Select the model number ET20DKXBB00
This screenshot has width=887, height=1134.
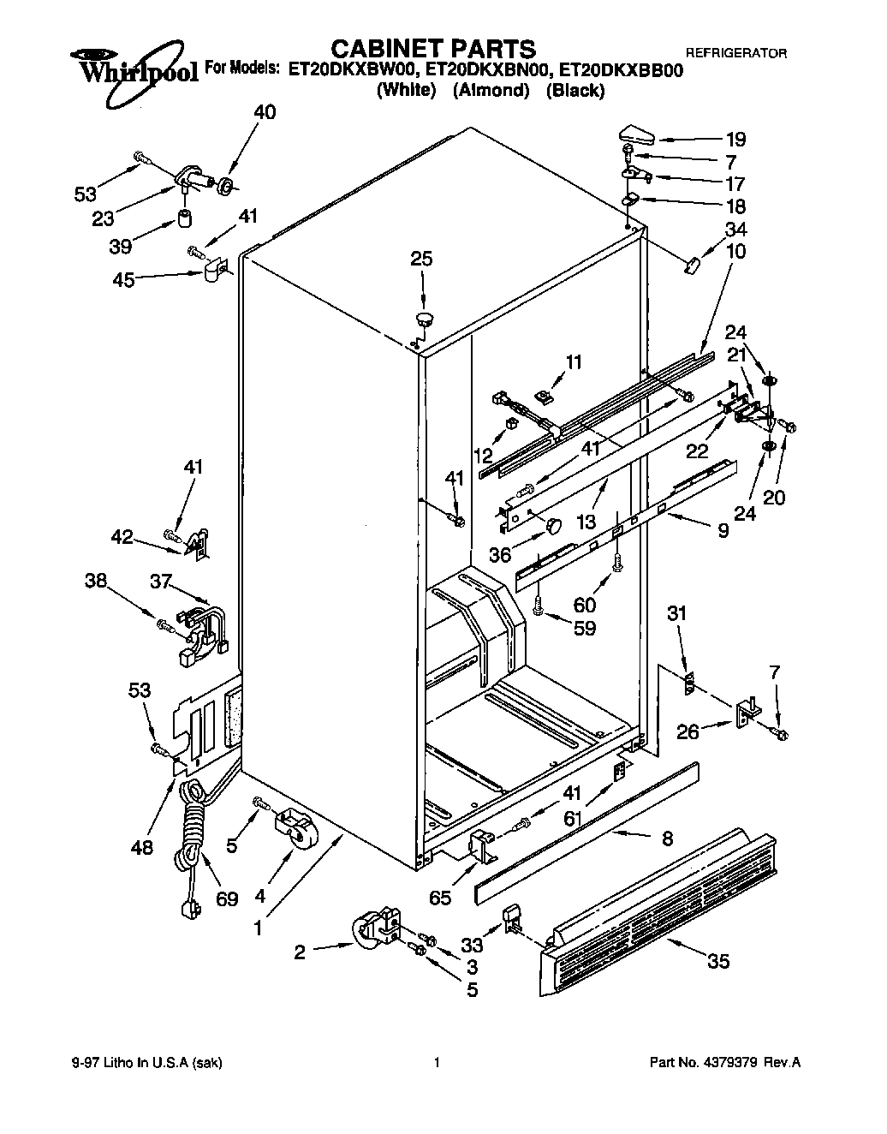click(x=626, y=71)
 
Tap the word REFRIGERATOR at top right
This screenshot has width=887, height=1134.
click(x=737, y=53)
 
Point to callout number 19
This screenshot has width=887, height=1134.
click(x=735, y=140)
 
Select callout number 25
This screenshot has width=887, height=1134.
click(x=421, y=259)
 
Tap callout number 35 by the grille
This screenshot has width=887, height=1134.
click(x=718, y=961)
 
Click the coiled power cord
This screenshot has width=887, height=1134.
click(x=193, y=822)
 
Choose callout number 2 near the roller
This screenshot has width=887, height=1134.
click(x=300, y=952)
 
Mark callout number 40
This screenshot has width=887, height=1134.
click(x=265, y=112)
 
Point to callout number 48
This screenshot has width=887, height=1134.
click(x=142, y=847)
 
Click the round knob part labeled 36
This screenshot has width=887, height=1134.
click(x=553, y=523)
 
